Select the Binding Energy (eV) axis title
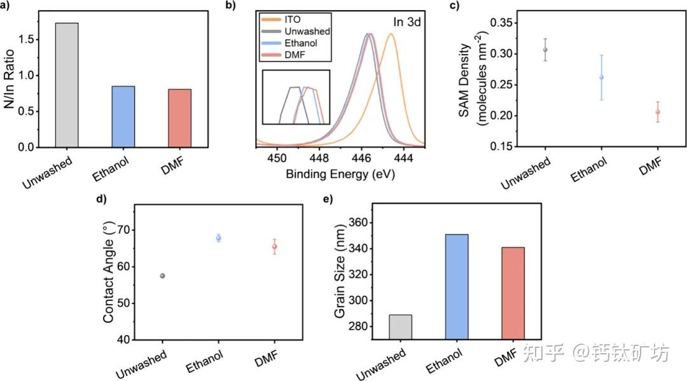[340, 174]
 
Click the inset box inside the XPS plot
[296, 96]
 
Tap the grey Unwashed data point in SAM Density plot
[545, 50]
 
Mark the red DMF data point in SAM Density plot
[658, 112]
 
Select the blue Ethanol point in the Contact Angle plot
[219, 238]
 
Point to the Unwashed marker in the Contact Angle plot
[162, 275]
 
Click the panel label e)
[328, 199]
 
